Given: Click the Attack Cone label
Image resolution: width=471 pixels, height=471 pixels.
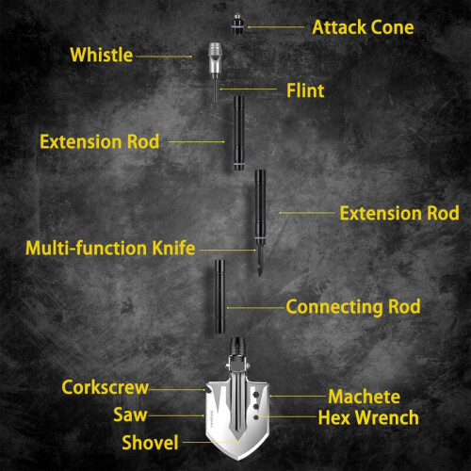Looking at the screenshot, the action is pyautogui.click(x=363, y=27).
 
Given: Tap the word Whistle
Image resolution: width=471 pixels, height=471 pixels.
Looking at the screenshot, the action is pyautogui.click(x=102, y=55).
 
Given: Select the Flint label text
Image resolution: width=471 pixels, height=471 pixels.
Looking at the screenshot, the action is pyautogui.click(x=305, y=90).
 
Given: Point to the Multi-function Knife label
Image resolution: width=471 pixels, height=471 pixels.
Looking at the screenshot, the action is pyautogui.click(x=110, y=248).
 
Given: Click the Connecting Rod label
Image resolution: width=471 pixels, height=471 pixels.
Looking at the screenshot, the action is pyautogui.click(x=353, y=306).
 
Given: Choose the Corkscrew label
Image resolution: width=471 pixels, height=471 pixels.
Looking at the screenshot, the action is pyautogui.click(x=105, y=387).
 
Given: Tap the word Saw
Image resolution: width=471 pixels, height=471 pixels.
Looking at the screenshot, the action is pyautogui.click(x=130, y=414).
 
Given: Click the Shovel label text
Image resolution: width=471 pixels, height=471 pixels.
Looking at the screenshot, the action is pyautogui.click(x=150, y=443).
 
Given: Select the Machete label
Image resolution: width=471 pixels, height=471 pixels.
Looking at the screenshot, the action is pyautogui.click(x=365, y=397).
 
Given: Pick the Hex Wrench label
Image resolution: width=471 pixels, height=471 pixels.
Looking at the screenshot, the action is pyautogui.click(x=368, y=417).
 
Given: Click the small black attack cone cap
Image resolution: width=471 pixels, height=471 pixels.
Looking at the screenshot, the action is pyautogui.click(x=238, y=24).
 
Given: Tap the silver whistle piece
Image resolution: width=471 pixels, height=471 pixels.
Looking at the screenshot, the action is pyautogui.click(x=216, y=59).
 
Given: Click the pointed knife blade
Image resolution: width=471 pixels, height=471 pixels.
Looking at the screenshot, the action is pyautogui.click(x=260, y=260).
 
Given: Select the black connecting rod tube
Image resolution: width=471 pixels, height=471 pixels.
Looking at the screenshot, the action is pyautogui.click(x=219, y=297).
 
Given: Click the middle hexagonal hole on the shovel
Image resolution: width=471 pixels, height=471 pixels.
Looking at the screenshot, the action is pyautogui.click(x=256, y=407).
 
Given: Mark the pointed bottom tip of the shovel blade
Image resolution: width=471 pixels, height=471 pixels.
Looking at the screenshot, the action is pyautogui.click(x=237, y=459).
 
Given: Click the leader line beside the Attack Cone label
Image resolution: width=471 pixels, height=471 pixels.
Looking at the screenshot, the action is pyautogui.click(x=276, y=27).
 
